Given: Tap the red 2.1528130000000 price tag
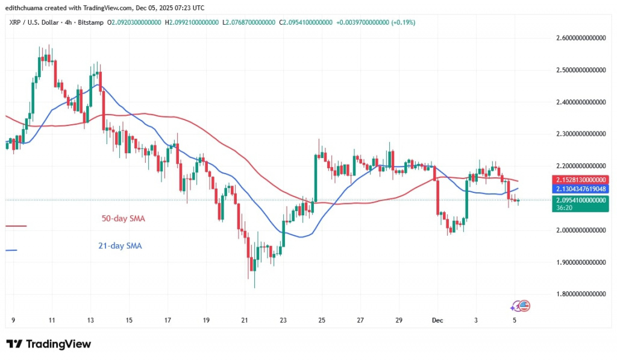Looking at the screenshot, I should (x=580, y=180).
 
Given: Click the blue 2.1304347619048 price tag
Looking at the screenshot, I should (x=580, y=189).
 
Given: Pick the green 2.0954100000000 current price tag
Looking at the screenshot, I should (x=580, y=200).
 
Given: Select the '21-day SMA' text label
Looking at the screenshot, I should (x=120, y=245).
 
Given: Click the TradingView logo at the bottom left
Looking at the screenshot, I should (x=49, y=344).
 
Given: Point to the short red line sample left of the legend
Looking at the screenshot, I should (x=16, y=226).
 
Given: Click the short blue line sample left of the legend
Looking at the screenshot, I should (x=11, y=250).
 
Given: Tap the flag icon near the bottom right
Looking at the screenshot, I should (x=524, y=306).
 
